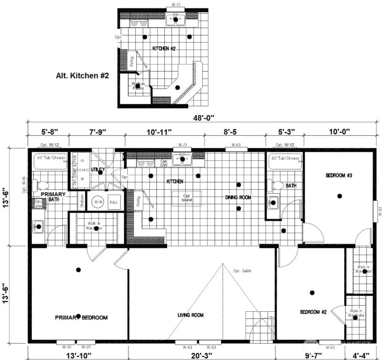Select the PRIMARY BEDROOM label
coord(81,317)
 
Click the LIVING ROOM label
coord(191,315)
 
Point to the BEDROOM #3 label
coord(339,176)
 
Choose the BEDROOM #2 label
coord(313,312)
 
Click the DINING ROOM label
coord(238,198)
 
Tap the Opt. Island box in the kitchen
coord(187,198)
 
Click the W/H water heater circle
coord(98,202)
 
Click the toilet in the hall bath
coord(276,185)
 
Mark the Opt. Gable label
coord(243,271)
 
